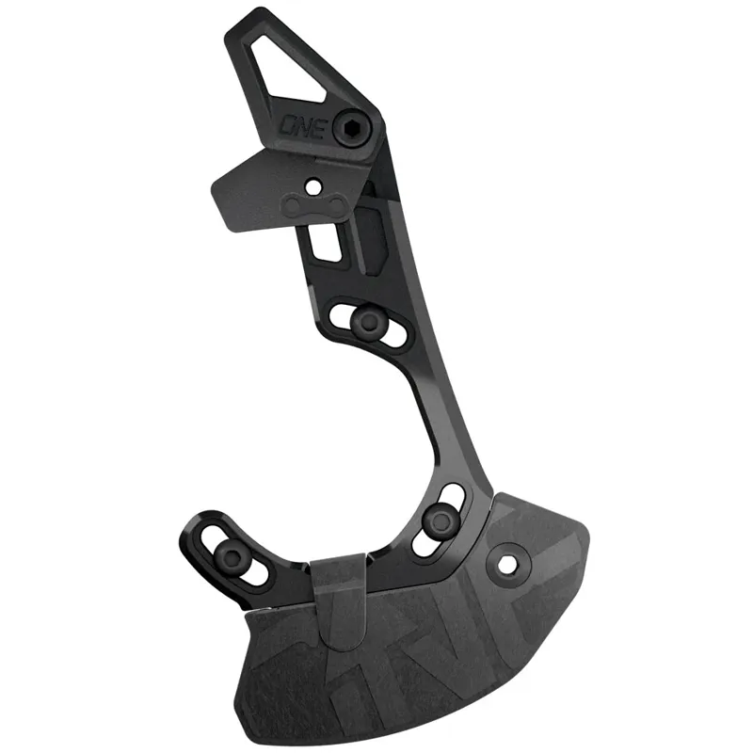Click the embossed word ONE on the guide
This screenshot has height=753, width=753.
point(304,126)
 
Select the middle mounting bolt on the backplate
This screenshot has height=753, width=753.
point(369,321)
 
